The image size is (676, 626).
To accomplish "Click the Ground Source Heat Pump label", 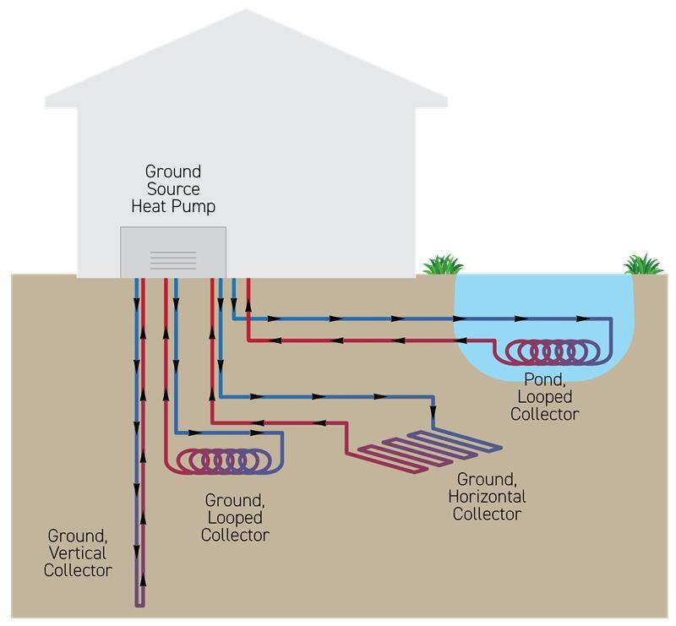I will [173, 188].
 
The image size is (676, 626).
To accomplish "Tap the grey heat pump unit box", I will [173, 251].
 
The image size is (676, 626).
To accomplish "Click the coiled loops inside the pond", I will [554, 350].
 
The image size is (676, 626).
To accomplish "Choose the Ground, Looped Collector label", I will [235, 517].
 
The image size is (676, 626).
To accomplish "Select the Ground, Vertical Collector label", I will [79, 553].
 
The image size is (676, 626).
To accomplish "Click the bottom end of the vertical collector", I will [140, 602].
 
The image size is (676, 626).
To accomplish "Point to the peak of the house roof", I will [247, 12].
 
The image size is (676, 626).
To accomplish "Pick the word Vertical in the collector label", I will [79, 553].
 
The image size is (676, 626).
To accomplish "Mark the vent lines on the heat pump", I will [173, 259].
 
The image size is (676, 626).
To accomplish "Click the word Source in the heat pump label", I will [173, 188].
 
